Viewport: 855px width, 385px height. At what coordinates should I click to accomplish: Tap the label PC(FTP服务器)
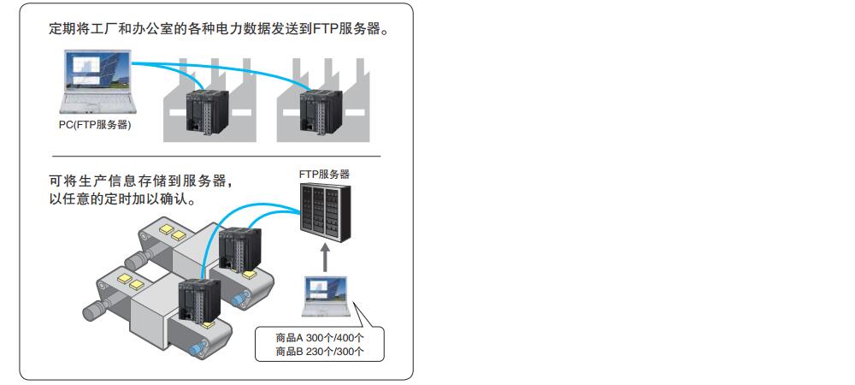tap(96, 125)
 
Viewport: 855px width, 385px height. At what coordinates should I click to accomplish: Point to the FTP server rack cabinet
tap(324, 211)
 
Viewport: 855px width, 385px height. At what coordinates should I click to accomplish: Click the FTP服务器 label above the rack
tap(324, 175)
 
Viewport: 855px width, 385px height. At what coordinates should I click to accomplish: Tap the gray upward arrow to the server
tap(324, 258)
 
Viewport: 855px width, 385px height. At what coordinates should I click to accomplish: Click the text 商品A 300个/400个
tap(320, 338)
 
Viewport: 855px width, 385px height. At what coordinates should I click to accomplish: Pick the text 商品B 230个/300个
tap(320, 352)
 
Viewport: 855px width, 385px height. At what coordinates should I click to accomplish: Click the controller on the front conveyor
tap(199, 302)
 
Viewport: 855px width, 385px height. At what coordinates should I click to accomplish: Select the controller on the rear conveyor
tap(239, 250)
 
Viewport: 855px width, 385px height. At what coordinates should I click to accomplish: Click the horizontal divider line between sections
tap(216, 157)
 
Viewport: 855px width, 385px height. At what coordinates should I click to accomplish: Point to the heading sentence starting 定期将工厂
tap(220, 29)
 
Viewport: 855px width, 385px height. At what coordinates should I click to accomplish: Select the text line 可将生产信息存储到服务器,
tap(142, 181)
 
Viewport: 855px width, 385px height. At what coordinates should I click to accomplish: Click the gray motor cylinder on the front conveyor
tap(97, 310)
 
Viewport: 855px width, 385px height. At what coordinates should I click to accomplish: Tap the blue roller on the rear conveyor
tap(240, 298)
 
